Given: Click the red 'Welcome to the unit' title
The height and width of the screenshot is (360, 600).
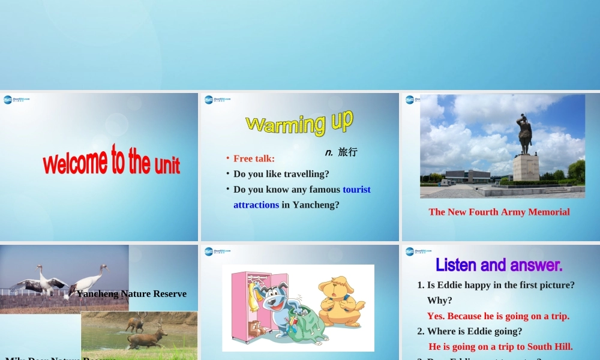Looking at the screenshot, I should click(x=111, y=161).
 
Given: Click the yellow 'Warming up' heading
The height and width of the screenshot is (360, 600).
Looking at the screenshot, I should click(x=299, y=122).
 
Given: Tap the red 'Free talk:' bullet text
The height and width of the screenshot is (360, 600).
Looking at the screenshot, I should click(x=254, y=158).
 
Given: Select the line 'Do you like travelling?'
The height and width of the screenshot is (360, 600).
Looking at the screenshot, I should click(x=281, y=174).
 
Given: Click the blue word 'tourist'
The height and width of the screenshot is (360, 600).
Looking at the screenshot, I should click(x=356, y=190).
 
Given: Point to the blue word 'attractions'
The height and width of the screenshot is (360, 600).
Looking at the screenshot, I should click(x=256, y=205).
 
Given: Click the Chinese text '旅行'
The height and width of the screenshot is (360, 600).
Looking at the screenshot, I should click(x=347, y=152).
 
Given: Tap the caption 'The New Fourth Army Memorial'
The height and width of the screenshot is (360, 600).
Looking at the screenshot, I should click(x=499, y=212).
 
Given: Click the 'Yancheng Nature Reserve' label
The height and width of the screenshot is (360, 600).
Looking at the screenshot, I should click(x=131, y=294).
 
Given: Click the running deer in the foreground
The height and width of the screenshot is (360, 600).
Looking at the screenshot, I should click(x=146, y=338).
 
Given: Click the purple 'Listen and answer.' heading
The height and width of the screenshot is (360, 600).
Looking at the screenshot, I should click(x=499, y=265).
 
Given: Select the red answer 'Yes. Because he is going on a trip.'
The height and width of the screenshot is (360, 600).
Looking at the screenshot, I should click(x=498, y=316).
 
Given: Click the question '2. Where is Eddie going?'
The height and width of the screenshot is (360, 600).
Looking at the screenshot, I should click(x=470, y=331).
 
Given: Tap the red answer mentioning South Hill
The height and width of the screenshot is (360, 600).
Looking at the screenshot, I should click(x=500, y=347).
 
